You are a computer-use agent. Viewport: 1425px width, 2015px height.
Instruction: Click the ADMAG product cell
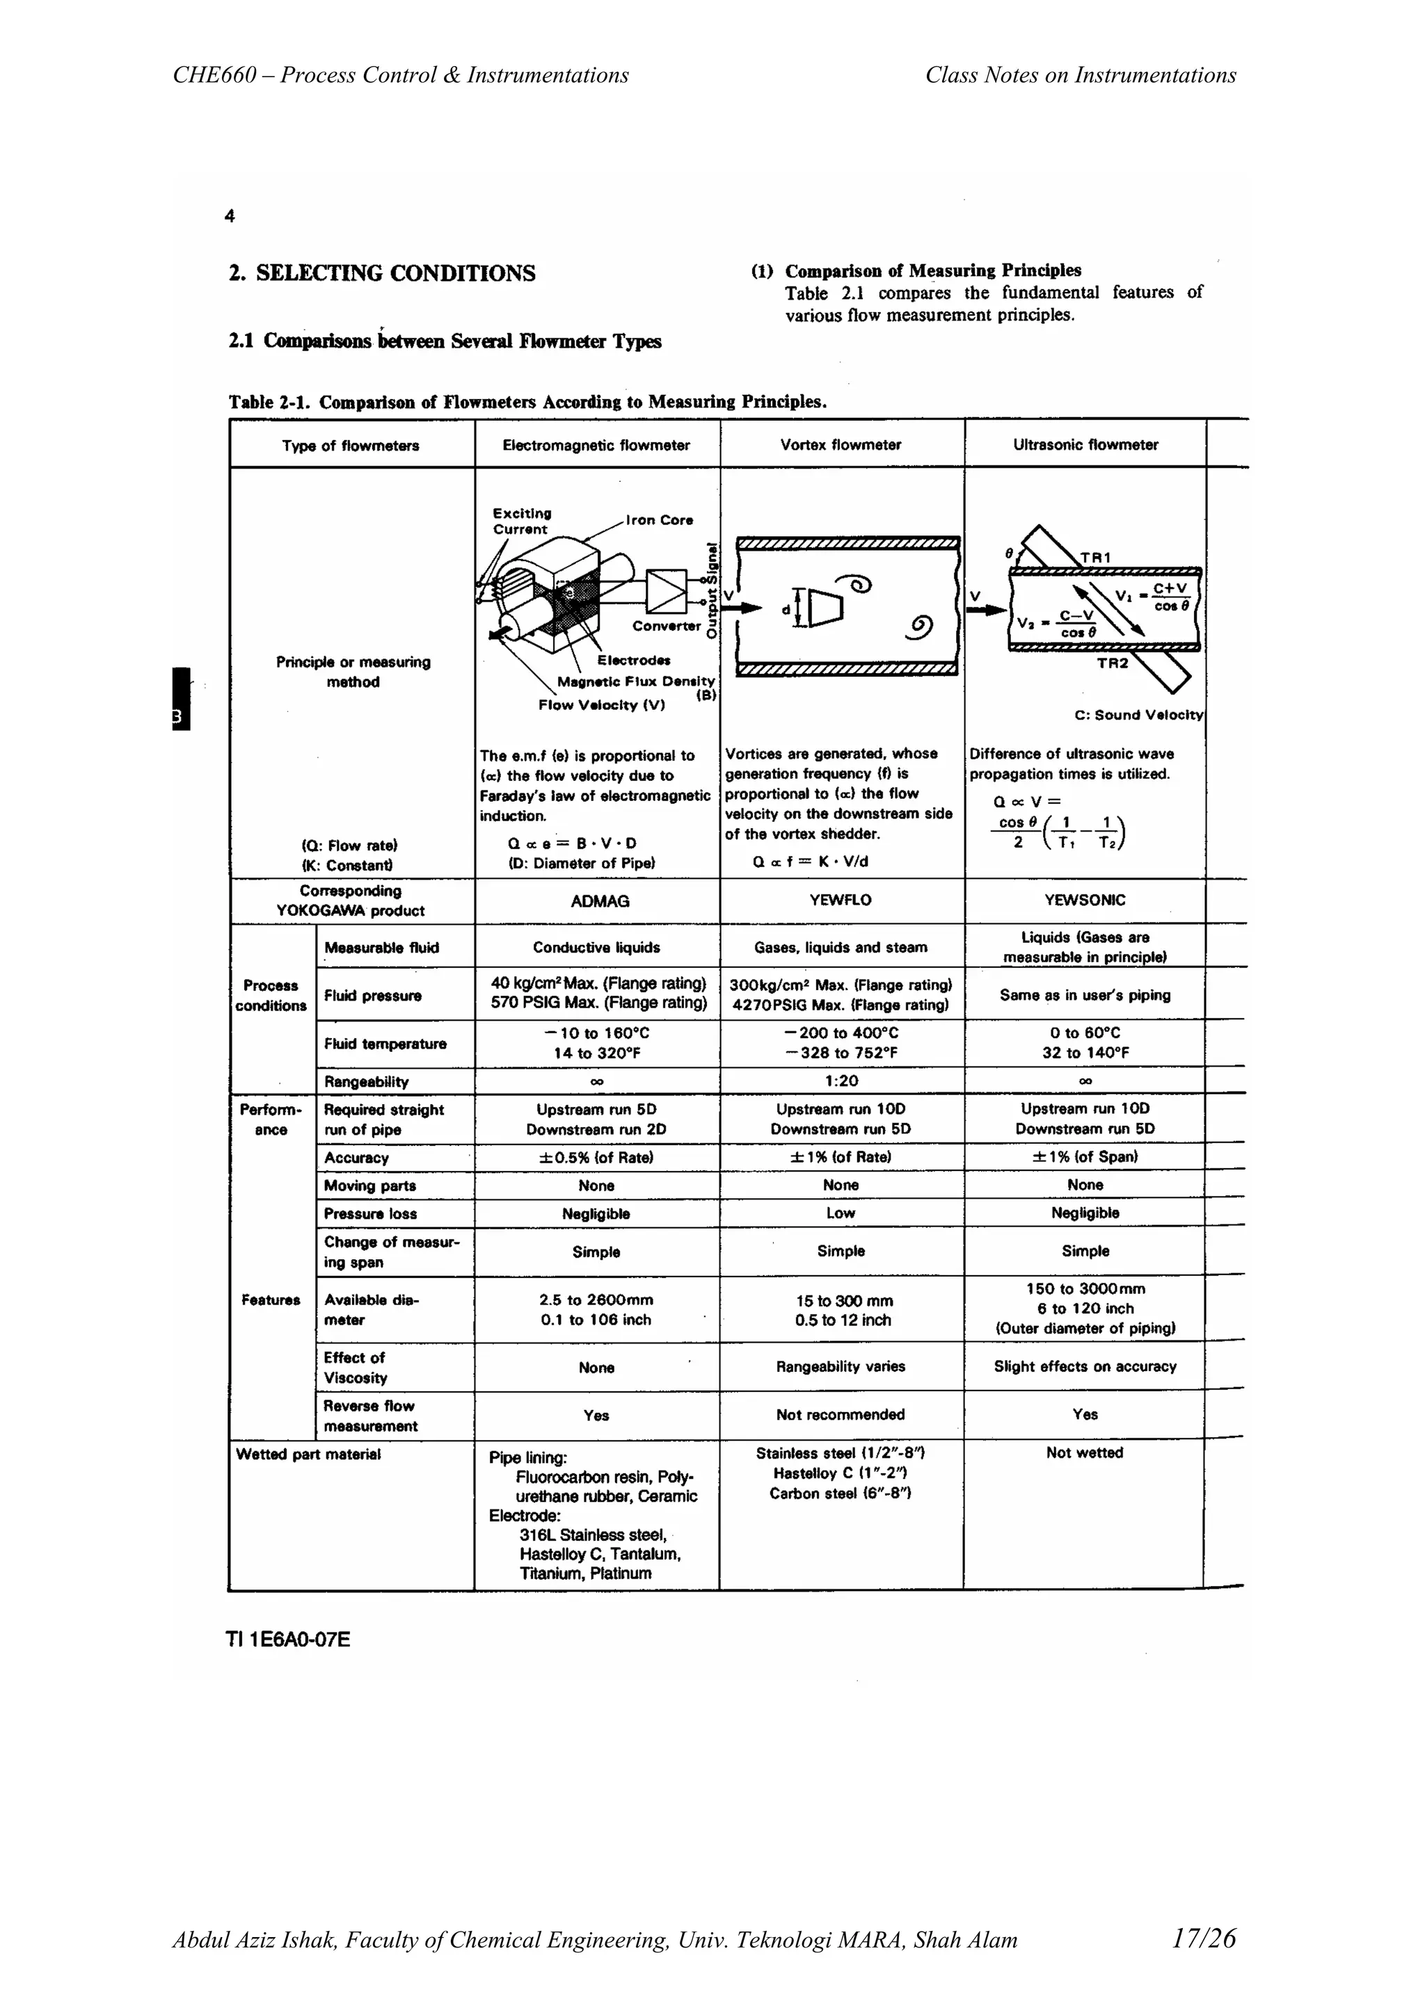[599, 901]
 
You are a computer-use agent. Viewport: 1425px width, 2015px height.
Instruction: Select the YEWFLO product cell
[841, 900]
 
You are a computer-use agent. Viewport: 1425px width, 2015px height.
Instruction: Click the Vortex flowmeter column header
[841, 445]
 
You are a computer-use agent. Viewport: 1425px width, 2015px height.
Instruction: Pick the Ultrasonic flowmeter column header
[1085, 445]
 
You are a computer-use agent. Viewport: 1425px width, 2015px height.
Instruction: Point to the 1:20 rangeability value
[841, 1081]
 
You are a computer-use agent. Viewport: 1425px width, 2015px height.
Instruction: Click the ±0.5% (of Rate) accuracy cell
[596, 1158]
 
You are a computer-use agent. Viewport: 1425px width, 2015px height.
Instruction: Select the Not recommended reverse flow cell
[841, 1415]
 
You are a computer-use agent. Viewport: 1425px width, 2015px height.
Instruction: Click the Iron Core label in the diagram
[660, 520]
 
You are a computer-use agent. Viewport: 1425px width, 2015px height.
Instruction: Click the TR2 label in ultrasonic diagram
[1113, 663]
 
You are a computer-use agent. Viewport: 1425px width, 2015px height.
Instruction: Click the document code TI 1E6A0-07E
[288, 1640]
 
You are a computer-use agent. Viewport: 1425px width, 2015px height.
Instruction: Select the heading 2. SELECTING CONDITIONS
[382, 274]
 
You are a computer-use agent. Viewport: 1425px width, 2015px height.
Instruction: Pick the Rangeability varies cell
[841, 1366]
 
